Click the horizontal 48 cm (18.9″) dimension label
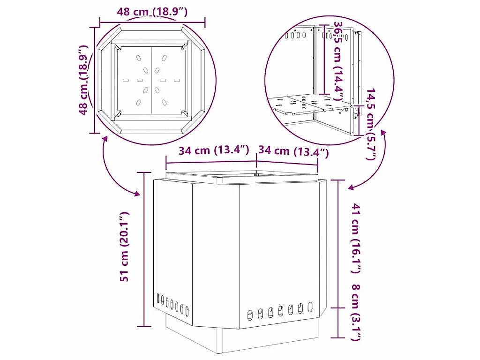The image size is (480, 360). click(x=152, y=12)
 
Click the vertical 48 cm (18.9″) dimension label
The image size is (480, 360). click(x=83, y=80)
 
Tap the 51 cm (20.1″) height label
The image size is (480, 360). click(x=125, y=247)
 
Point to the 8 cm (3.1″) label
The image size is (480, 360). click(x=355, y=313)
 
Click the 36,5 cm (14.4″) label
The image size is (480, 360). click(x=337, y=60)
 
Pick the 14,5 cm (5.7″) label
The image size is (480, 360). click(x=371, y=124)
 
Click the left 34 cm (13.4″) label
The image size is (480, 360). click(x=214, y=150)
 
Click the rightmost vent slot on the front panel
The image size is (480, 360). click(x=310, y=307)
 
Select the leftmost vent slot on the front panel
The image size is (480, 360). click(x=250, y=315)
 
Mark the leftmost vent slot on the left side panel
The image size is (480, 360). click(x=158, y=299)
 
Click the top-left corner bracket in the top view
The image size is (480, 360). click(x=117, y=47)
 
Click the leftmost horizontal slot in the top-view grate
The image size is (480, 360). click(x=126, y=80)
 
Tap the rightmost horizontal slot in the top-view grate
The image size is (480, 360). click(x=177, y=80)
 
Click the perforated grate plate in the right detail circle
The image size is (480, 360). click(x=310, y=104)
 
